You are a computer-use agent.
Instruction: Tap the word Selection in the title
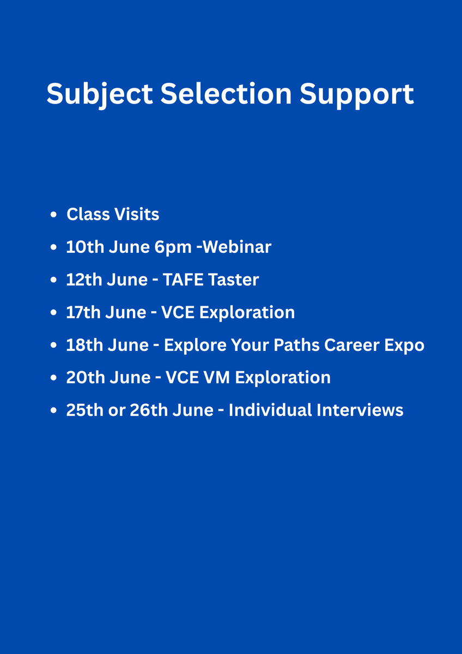(x=226, y=93)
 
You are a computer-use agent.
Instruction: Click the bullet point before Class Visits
(x=53, y=215)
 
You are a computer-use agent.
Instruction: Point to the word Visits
(x=137, y=214)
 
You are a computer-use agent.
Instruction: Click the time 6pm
(x=173, y=247)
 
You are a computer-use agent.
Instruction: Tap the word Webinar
(x=236, y=247)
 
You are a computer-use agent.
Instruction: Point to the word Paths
(x=296, y=345)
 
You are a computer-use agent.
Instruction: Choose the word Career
(x=352, y=345)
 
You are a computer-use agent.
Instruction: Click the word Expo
(x=404, y=346)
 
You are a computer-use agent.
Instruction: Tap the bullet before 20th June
(x=53, y=378)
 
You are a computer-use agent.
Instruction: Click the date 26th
(x=149, y=410)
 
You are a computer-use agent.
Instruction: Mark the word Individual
(x=270, y=410)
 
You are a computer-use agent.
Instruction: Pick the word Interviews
(x=360, y=410)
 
